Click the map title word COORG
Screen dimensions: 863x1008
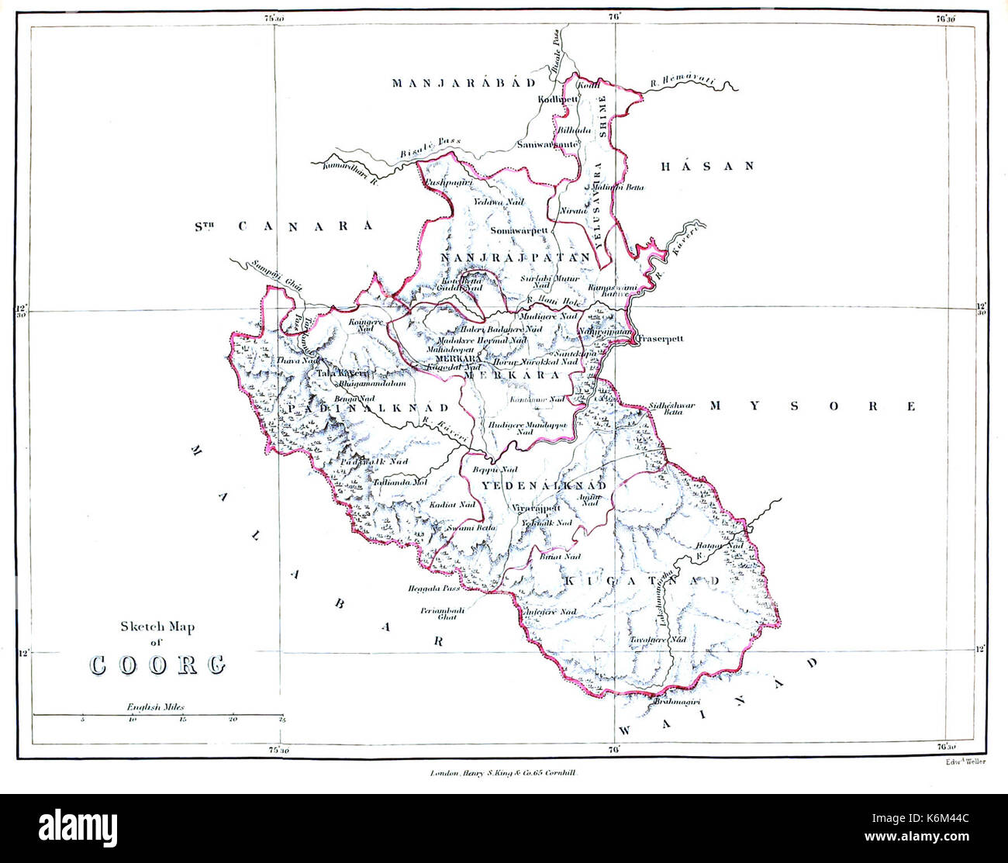pyautogui.click(x=158, y=665)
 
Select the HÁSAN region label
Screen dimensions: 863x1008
pyautogui.click(x=706, y=165)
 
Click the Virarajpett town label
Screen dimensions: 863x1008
pyautogui.click(x=536, y=509)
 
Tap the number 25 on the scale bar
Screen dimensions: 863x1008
pyautogui.click(x=282, y=721)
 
